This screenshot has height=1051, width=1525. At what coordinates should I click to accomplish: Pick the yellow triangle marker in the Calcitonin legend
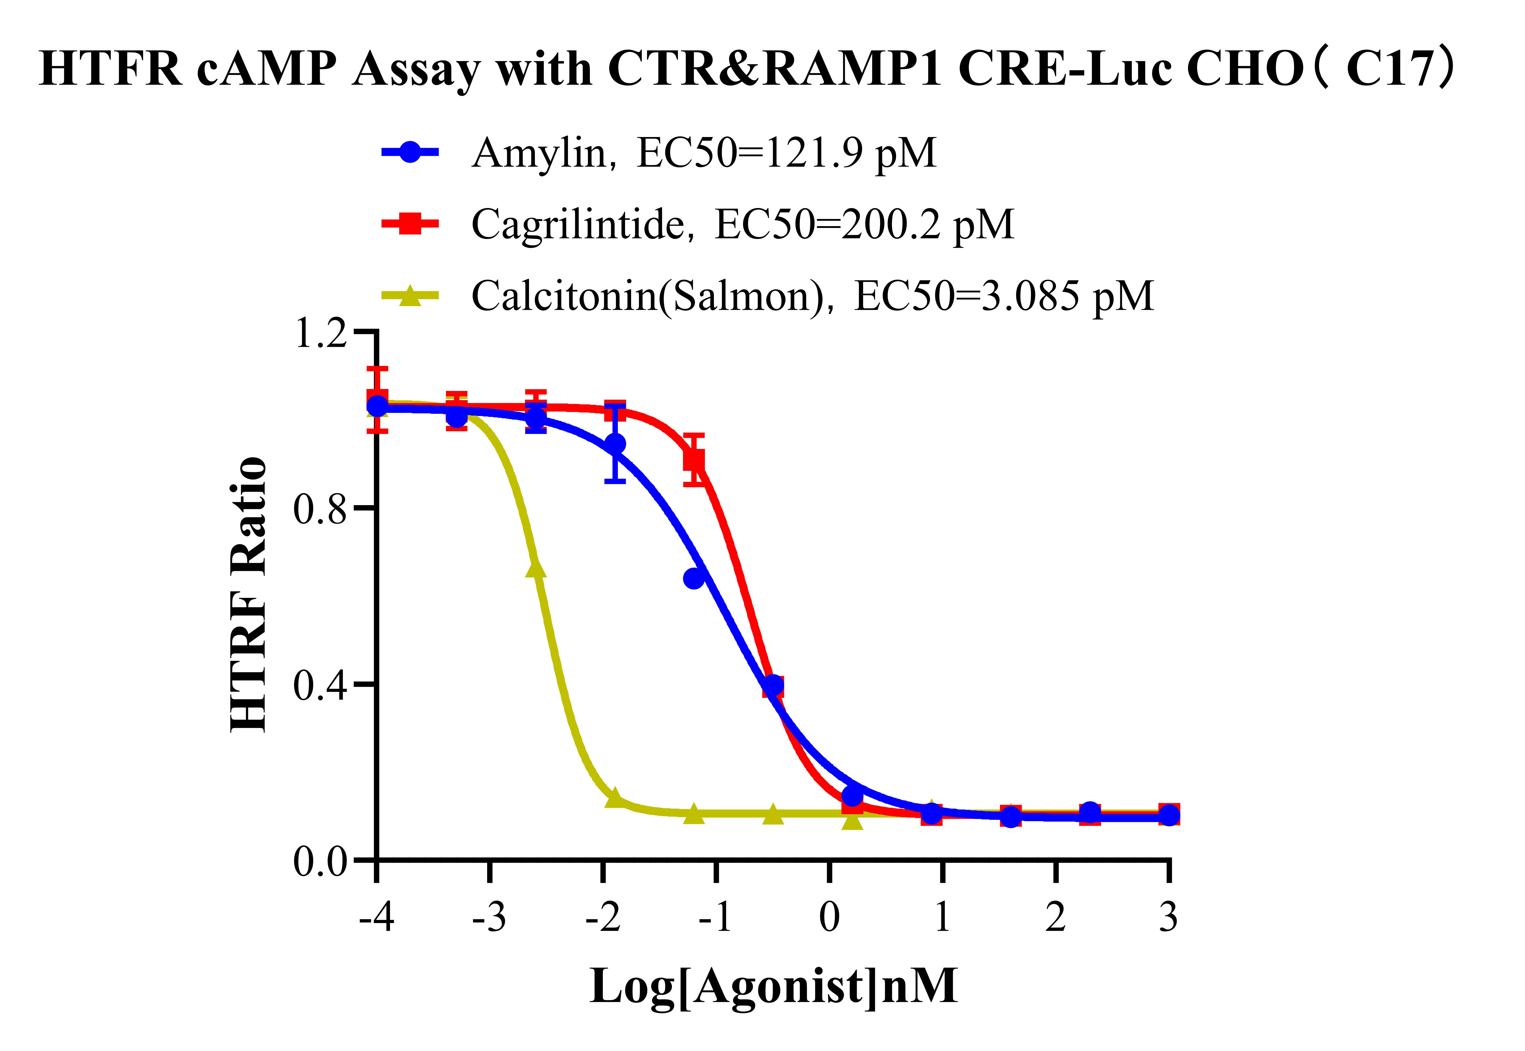click(409, 296)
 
